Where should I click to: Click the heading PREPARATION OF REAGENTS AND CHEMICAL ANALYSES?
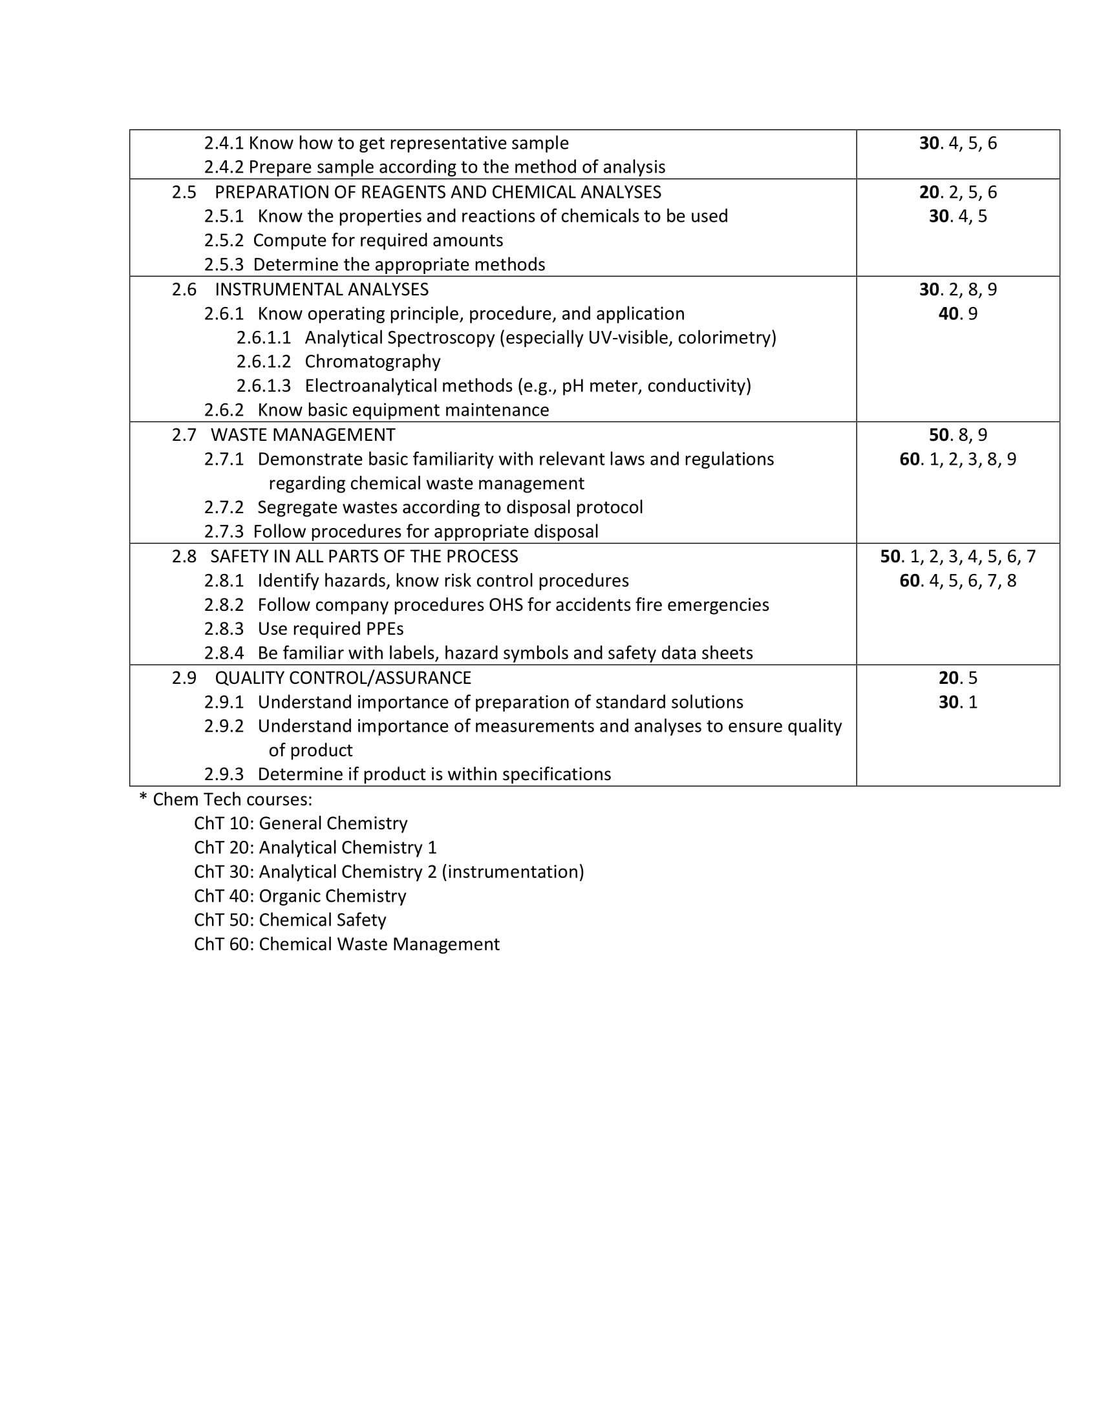pos(438,192)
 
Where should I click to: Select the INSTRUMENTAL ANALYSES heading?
pos(322,289)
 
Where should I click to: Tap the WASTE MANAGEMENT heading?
pos(303,434)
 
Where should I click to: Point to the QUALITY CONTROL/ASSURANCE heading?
pos(343,678)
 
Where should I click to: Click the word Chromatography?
pos(372,361)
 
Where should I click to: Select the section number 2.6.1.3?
pos(263,385)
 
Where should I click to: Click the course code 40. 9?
pos(957,314)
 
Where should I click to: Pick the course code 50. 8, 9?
pos(957,434)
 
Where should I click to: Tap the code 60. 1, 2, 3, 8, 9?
pos(957,459)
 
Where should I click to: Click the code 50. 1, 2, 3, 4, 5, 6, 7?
pos(957,556)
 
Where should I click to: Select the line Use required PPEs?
pos(330,629)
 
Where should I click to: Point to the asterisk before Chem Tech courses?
pos(143,799)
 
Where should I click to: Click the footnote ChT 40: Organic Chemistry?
pos(299,896)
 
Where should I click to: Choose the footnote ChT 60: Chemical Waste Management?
pos(347,944)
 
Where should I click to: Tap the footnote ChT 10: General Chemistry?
pos(300,823)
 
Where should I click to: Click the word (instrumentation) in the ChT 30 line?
pos(513,872)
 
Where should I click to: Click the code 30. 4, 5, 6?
pos(957,143)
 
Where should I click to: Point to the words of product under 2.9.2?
pos(310,750)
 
